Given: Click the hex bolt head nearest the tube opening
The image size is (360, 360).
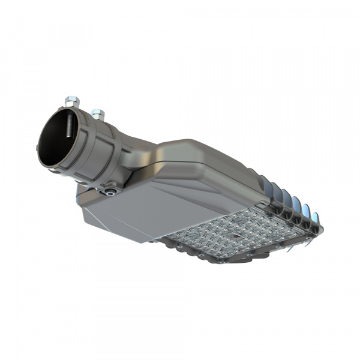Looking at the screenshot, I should pos(72,99).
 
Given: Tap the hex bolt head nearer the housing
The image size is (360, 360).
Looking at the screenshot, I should pos(98,113).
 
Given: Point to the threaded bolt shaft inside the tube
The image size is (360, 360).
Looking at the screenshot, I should pos(70,129).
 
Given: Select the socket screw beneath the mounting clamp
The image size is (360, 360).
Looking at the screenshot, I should pos(109,192).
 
